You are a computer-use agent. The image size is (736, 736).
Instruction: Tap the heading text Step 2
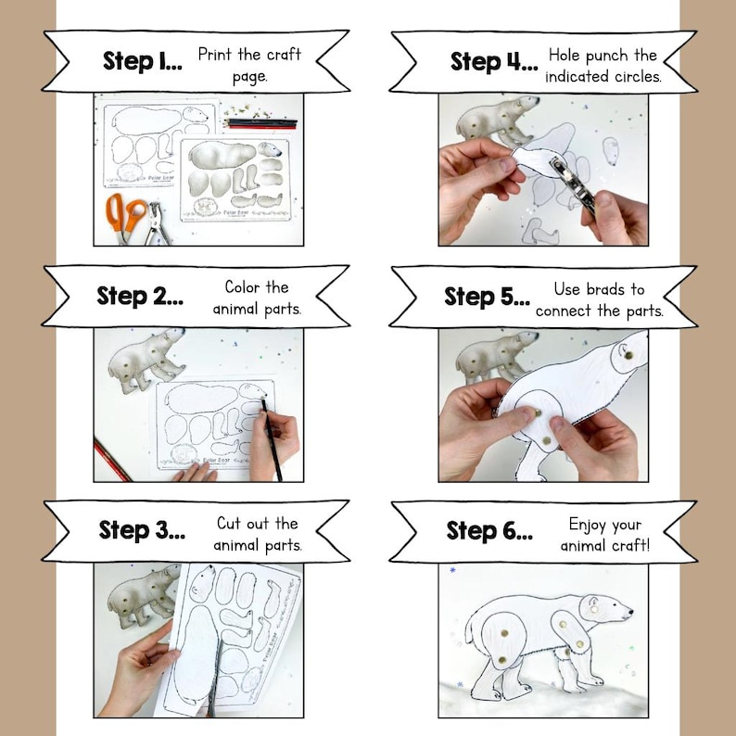point(140,297)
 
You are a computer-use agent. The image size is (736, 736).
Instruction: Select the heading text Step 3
point(142,531)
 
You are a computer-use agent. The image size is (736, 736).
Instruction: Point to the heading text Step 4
point(493,62)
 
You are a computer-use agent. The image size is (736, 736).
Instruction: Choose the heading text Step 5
point(487,297)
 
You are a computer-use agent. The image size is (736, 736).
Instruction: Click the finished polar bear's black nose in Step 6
point(631,612)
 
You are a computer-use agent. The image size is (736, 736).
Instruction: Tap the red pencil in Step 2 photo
point(110,461)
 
